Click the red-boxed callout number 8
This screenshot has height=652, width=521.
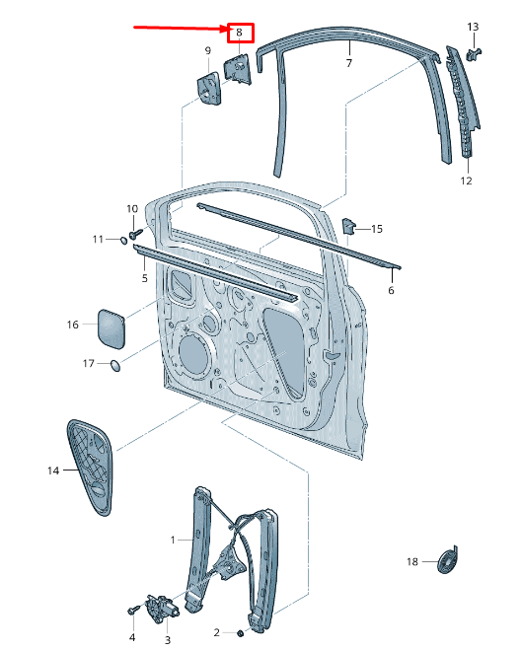[x=239, y=32]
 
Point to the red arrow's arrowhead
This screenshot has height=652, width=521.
[x=225, y=29]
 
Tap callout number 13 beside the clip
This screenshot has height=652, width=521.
[x=473, y=27]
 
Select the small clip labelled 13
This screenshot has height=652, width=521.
[x=474, y=53]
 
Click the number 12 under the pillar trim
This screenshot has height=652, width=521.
[x=466, y=181]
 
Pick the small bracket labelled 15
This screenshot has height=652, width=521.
[x=348, y=226]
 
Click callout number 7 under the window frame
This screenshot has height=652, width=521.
[x=349, y=63]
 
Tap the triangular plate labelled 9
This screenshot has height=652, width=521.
[x=209, y=88]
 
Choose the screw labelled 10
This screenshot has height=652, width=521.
[x=136, y=234]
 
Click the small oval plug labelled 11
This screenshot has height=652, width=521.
[x=123, y=240]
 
